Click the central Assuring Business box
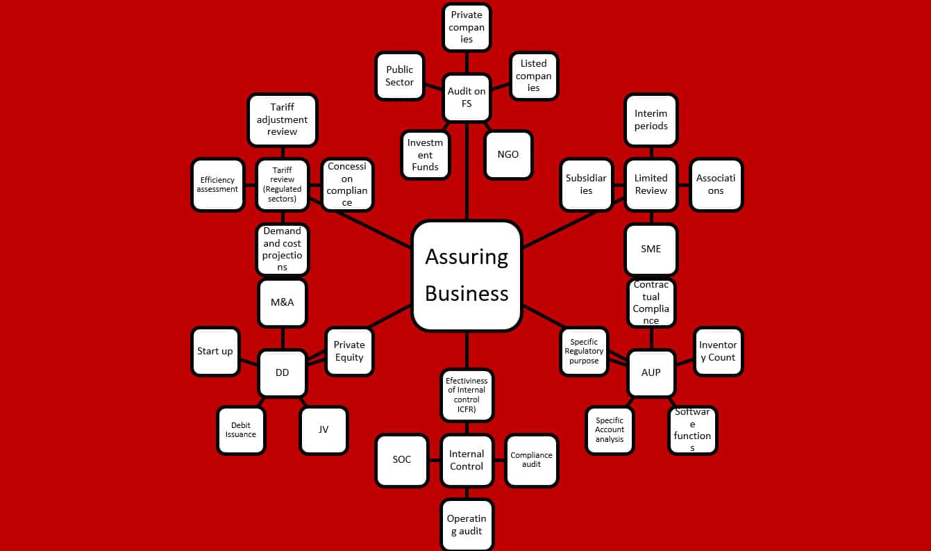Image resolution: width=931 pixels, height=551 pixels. tap(467, 275)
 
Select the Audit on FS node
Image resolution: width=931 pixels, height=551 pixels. tap(467, 97)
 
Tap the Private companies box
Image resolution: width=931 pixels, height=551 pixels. tap(467, 27)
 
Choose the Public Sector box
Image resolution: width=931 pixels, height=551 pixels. tap(400, 76)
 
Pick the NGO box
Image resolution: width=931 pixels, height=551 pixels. tap(508, 154)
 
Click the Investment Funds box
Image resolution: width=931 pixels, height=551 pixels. tap(425, 154)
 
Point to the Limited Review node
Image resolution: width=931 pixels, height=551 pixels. tap(651, 184)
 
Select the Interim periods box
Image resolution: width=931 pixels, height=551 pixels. tap(651, 120)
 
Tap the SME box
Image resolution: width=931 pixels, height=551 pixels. tap(651, 249)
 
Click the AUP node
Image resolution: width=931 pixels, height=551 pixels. tap(651, 372)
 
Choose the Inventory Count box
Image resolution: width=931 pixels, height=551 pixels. tap(718, 351)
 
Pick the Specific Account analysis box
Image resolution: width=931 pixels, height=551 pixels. tap(610, 429)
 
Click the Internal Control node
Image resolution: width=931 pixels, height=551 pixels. tap(467, 460)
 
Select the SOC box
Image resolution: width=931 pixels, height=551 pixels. tap(402, 460)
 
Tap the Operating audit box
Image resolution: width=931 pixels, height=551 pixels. tap(467, 525)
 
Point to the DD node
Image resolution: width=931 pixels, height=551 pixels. tap(282, 372)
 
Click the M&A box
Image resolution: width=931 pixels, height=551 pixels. tap(282, 302)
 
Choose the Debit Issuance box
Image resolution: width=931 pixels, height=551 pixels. tap(241, 429)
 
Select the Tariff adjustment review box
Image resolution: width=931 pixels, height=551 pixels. tap(282, 120)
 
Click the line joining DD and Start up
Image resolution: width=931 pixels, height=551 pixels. tap(249, 363)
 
